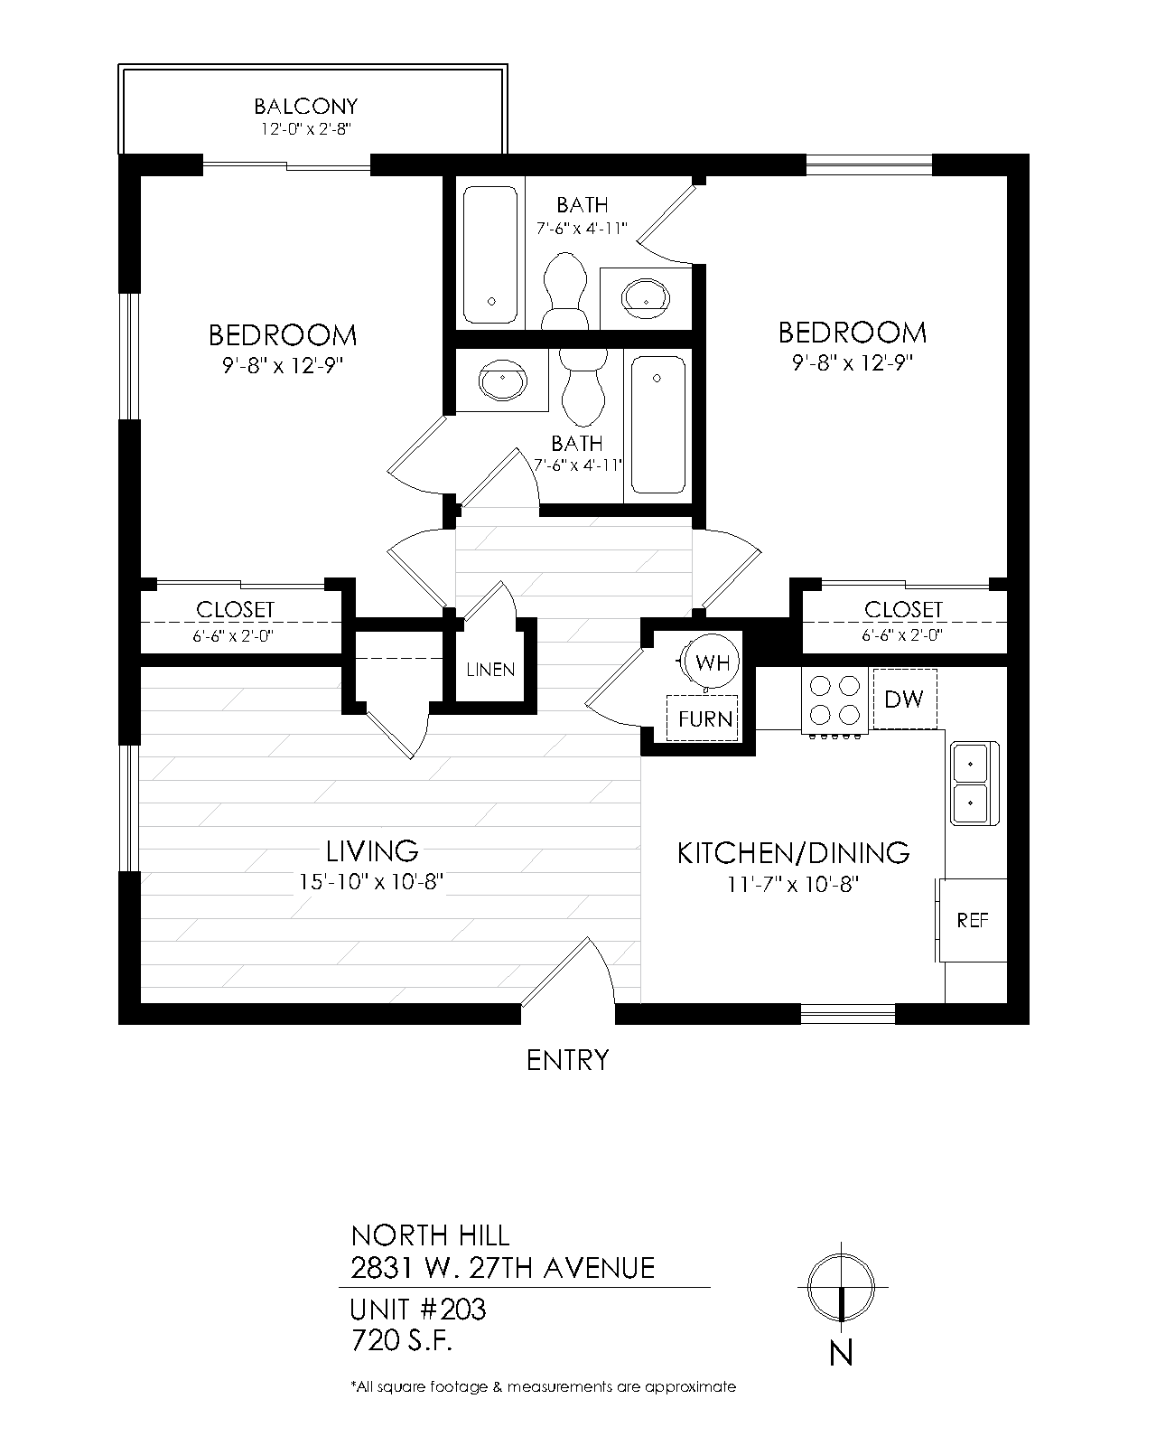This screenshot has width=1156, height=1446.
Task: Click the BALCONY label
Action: pos(305,107)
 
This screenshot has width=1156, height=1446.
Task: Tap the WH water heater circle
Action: pos(712,662)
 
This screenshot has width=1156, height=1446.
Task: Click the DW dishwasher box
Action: pos(904,698)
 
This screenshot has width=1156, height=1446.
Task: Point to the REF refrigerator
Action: pos(973,920)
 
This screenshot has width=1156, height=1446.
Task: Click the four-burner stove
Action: pos(834,700)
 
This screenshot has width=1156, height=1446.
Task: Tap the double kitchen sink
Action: pos(974,782)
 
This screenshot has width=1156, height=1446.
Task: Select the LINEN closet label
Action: pos(490,670)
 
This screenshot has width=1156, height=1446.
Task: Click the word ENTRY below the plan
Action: pos(567,1059)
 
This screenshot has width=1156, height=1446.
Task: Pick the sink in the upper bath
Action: pos(646,296)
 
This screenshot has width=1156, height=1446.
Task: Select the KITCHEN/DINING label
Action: pos(793,852)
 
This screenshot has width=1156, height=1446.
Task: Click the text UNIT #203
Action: pos(417,1309)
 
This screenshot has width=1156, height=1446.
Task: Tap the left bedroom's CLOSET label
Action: pos(235,610)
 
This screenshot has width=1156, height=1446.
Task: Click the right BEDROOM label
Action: pos(852,333)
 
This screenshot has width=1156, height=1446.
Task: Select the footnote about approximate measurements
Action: pos(543,1386)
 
